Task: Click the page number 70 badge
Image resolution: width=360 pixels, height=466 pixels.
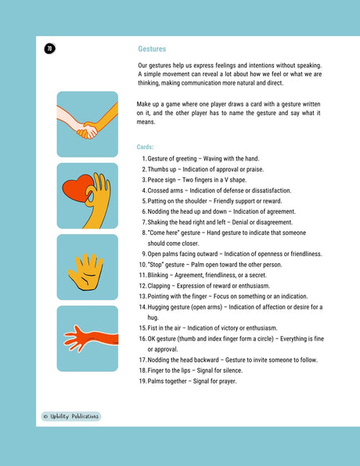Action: (x=50, y=49)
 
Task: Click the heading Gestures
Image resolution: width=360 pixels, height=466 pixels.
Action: (x=152, y=49)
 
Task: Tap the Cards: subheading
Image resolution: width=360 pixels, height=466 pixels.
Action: (x=146, y=147)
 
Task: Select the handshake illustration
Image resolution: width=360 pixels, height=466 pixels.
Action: (x=87, y=125)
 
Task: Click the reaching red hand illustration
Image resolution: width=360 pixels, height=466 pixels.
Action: (x=87, y=338)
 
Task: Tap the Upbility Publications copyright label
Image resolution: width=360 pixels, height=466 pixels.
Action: (x=71, y=416)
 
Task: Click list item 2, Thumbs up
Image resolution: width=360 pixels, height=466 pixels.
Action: (x=164, y=169)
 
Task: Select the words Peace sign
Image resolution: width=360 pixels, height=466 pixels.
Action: (x=164, y=179)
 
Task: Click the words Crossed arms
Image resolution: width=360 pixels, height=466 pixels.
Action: (x=167, y=190)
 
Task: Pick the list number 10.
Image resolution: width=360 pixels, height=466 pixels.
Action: (x=142, y=265)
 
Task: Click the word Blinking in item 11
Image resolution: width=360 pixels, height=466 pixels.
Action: (x=161, y=276)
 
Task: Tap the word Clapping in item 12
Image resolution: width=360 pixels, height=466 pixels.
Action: (x=162, y=286)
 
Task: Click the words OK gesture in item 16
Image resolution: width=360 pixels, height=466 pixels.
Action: (x=164, y=338)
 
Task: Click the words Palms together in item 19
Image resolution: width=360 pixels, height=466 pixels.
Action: (x=170, y=381)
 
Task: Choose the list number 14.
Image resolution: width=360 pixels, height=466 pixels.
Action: (x=142, y=307)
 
